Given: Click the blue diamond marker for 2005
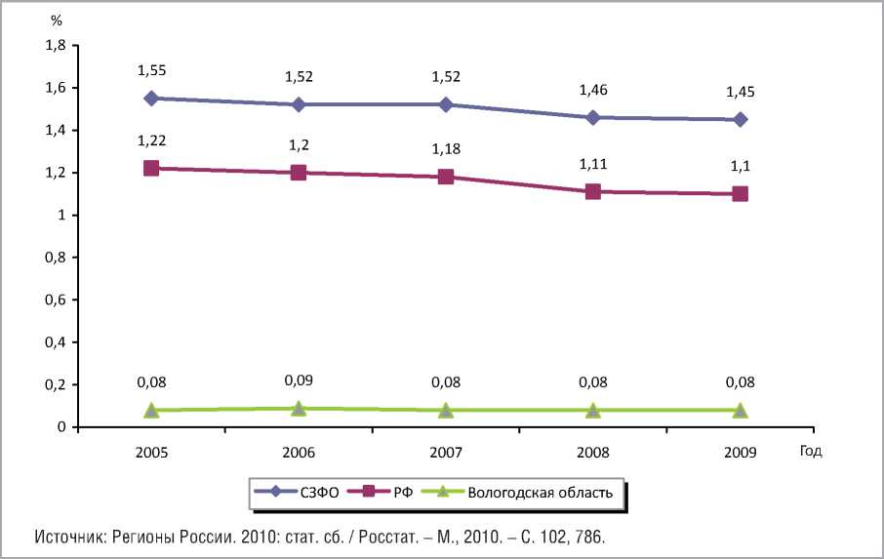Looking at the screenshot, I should tap(151, 99).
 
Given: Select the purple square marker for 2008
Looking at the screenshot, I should tap(593, 191).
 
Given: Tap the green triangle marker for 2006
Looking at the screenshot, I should tap(299, 408).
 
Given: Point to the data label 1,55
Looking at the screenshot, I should tap(151, 71).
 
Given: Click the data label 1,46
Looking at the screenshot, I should tap(593, 88).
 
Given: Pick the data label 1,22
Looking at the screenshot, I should tap(151, 141).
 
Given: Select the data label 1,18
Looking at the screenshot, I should tap(446, 148).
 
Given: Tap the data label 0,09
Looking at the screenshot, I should tap(299, 379).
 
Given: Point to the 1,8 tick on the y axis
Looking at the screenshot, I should tap(55, 46).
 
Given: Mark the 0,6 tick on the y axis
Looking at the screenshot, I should tap(55, 299).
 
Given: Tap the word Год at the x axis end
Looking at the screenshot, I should tap(811, 451).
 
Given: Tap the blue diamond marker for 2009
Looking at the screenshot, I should tap(741, 119).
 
